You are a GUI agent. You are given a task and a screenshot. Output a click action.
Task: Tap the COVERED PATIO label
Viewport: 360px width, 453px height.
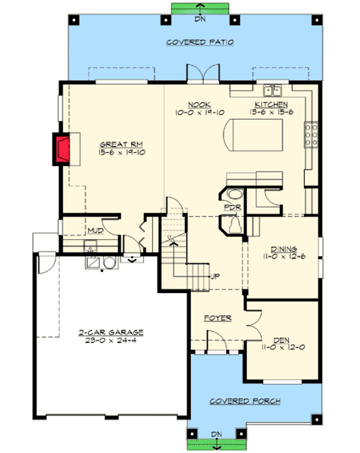point(199,43)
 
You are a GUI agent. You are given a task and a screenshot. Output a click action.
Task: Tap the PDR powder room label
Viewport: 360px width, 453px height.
point(231,207)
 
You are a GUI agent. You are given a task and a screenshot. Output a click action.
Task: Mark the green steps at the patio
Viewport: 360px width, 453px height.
point(199,8)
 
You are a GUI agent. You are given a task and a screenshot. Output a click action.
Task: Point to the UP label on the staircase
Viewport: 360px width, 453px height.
point(215,276)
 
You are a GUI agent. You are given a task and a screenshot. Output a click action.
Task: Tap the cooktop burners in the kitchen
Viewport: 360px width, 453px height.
point(310,136)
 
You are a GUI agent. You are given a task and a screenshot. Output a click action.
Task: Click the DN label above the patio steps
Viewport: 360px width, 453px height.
point(199,20)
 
